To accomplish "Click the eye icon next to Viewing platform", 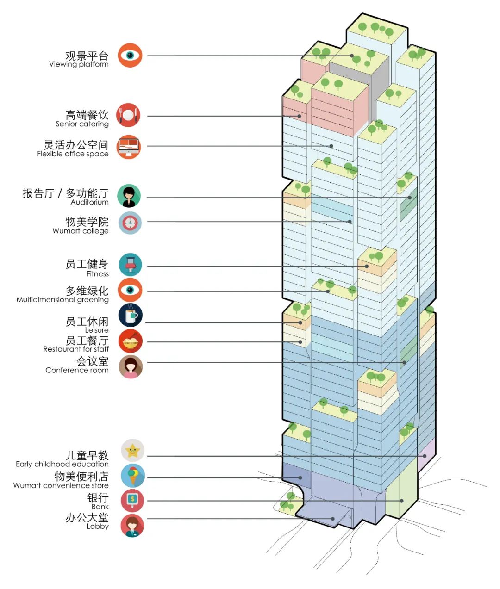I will (x=130, y=56).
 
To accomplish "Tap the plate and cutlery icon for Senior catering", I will (x=128, y=115).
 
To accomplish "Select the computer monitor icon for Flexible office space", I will (x=128, y=147).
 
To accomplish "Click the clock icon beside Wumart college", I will (x=130, y=223).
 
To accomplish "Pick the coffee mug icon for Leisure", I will (x=131, y=316).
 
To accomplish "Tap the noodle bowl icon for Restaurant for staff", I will (x=131, y=342).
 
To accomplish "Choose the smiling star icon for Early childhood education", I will (x=133, y=450).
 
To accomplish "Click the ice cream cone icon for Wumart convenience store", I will (x=133, y=476).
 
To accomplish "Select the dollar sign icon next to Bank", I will (x=132, y=500).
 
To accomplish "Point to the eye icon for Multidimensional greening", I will (x=130, y=290).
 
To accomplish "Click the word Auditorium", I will (x=89, y=202).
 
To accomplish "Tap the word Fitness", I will (x=97, y=274).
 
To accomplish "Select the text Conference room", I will (x=77, y=370).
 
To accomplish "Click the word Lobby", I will (x=98, y=526).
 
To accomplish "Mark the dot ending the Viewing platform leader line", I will (x=352, y=56).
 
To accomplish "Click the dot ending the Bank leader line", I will (x=402, y=501).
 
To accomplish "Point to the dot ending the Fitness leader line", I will (x=367, y=266).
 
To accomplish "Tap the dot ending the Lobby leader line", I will (x=333, y=519).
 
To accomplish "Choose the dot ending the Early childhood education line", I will (x=425, y=456).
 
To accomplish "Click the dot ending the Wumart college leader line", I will (x=350, y=222).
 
